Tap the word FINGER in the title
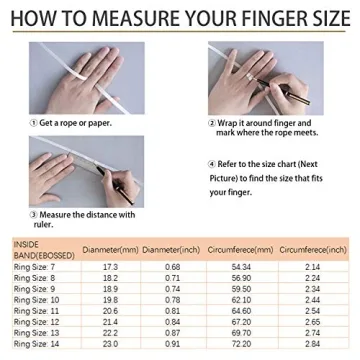pos(252,16)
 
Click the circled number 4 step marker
pos(212,162)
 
